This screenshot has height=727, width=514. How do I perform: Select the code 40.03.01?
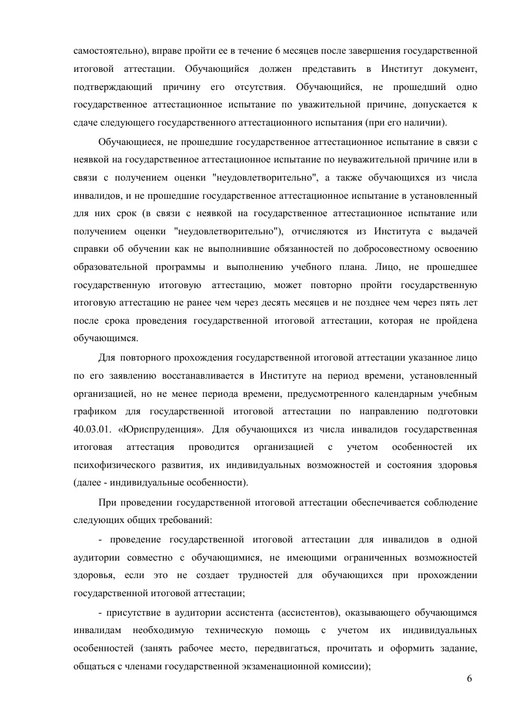(96, 429)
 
